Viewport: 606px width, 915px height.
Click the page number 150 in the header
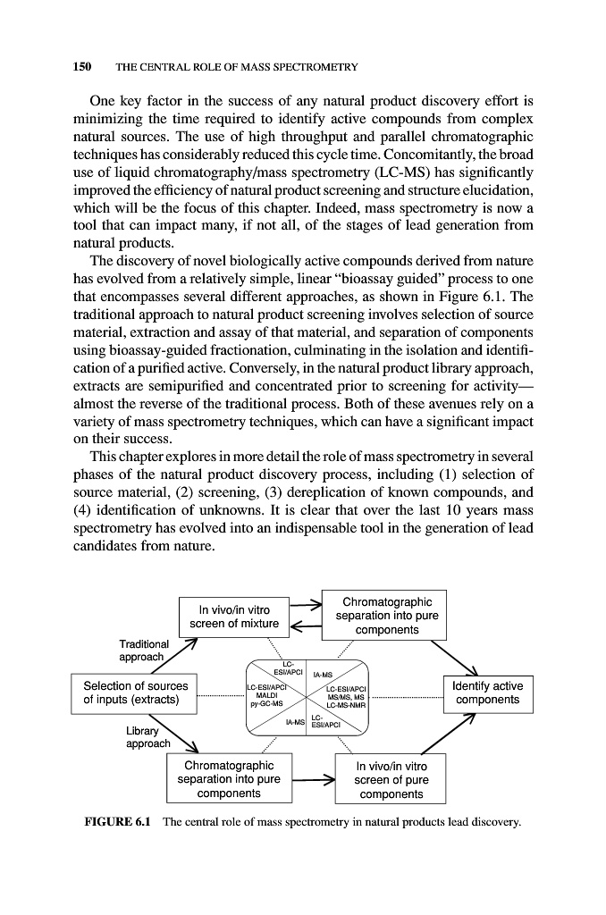click(x=82, y=66)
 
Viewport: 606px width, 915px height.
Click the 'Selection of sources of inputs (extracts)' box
click(x=134, y=693)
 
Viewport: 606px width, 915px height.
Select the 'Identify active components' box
click(x=488, y=693)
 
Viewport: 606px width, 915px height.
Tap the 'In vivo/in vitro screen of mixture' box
click(x=234, y=617)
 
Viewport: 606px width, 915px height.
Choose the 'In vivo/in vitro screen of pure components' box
click(x=391, y=779)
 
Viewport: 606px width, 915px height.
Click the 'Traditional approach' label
click(x=144, y=651)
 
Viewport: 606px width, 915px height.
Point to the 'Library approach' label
click(x=148, y=737)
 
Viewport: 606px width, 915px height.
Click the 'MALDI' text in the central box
click(x=266, y=695)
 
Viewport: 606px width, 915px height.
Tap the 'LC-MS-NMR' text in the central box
click(x=346, y=705)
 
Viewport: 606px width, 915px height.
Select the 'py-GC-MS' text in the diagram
click(x=266, y=703)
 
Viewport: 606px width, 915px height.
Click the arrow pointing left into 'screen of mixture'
click(x=306, y=626)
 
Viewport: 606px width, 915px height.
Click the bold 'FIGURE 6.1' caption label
click(x=117, y=822)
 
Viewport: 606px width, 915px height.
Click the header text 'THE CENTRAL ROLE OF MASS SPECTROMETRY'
click(x=237, y=67)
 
